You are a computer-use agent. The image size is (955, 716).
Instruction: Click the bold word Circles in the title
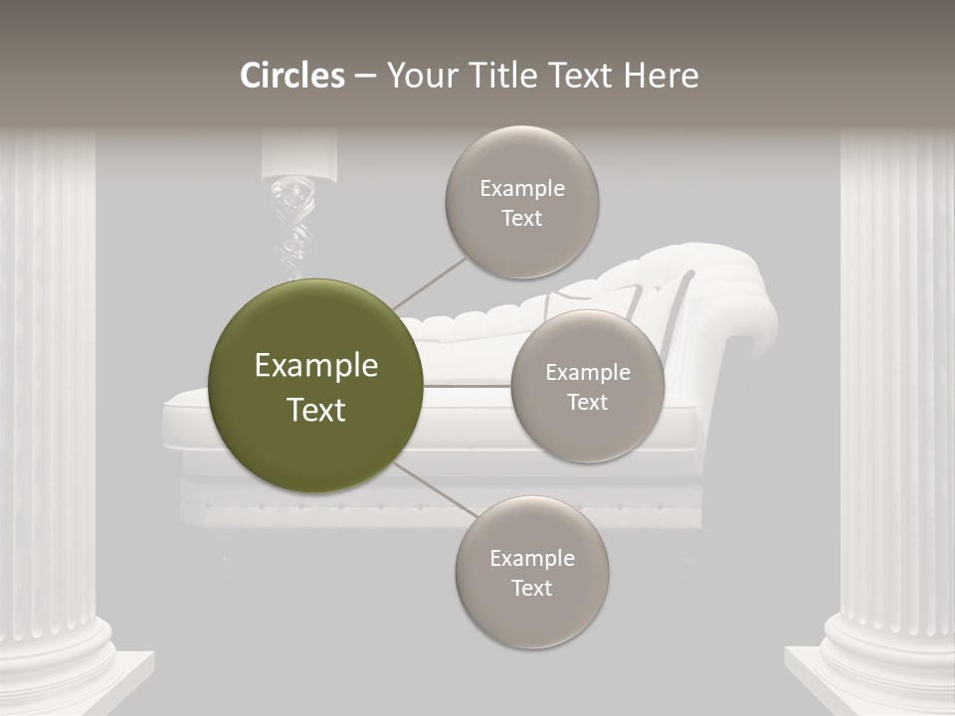[x=291, y=76]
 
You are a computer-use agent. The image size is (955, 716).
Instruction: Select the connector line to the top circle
[x=431, y=281]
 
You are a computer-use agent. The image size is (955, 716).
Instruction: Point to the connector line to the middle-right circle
[x=468, y=385]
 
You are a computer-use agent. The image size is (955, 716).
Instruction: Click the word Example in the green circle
[x=315, y=366]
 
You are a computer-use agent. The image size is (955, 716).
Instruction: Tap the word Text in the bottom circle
[x=531, y=588]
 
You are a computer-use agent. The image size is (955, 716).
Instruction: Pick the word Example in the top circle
[x=521, y=189]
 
